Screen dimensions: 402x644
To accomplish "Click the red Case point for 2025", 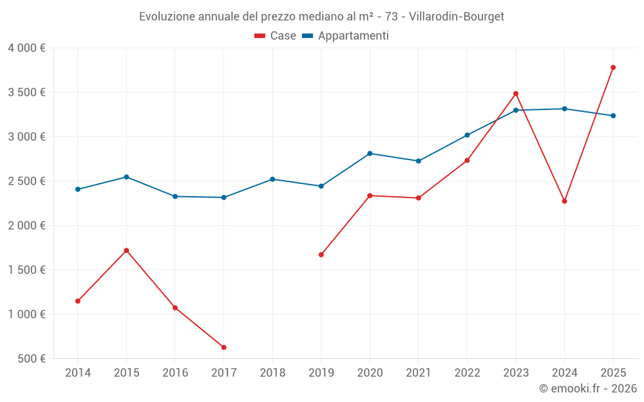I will pos(613,68).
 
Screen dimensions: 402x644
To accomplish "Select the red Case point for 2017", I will pos(223,347).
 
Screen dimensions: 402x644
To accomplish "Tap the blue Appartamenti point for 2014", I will pos(78,189).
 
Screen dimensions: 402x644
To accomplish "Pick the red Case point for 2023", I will pos(516,94).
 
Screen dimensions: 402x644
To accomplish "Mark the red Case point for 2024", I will pos(564,201).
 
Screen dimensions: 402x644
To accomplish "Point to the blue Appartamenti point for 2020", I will pos(370,154).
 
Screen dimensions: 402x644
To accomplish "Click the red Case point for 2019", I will pos(321,255).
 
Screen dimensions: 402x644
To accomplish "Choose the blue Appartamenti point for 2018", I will pos(272,179).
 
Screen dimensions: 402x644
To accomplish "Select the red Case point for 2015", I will pos(126,250).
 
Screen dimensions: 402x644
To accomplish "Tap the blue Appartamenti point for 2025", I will pos(613,116).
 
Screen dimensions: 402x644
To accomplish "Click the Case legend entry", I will pos(276,36).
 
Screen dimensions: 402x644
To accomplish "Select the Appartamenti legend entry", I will pos(346,36).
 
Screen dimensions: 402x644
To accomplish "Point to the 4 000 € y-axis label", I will pos(26,48).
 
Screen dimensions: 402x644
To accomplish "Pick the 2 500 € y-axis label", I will pos(26,181).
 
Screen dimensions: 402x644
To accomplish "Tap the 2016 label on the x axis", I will pos(175,373).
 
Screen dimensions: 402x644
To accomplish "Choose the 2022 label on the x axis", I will pos(467,373).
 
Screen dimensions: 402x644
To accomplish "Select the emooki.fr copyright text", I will pos(587,388).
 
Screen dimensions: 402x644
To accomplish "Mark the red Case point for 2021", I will pos(419,198).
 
